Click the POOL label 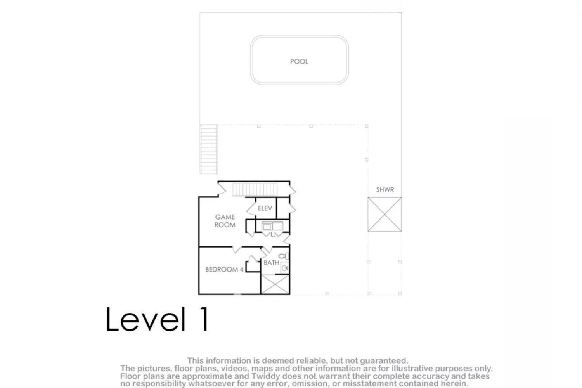point(299,62)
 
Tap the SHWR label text point(385,190)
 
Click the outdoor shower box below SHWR point(385,215)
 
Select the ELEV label point(265,208)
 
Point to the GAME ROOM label point(225,221)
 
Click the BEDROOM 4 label point(225,270)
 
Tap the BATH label point(271,263)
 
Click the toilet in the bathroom point(284,256)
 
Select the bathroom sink point(285,268)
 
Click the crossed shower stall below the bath point(275,284)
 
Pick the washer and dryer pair point(272,226)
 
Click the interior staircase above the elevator point(255,189)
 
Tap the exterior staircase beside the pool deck point(208,149)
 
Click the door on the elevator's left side point(251,209)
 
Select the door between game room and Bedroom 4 point(237,249)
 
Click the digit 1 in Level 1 point(204,319)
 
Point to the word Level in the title point(146,319)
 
